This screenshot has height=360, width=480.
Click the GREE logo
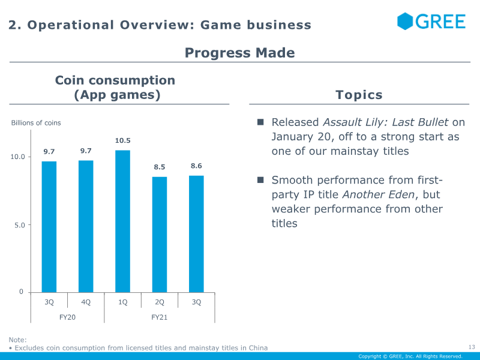point(431,22)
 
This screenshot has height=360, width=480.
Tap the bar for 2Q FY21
point(160,234)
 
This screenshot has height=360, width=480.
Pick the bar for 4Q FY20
point(86,226)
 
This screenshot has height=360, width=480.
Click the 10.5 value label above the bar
point(122,141)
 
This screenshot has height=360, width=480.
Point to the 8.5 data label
point(160,167)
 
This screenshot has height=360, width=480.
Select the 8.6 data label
point(196,166)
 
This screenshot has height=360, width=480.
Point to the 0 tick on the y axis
point(21,292)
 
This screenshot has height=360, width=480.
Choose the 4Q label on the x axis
point(86,302)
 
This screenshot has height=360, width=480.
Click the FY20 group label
point(67,317)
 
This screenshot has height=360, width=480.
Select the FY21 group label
point(159,317)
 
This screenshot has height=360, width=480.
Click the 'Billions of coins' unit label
point(36,123)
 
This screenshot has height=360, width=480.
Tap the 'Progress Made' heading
point(239,53)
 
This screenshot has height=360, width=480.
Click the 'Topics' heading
point(359,95)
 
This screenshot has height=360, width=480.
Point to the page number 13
point(471,347)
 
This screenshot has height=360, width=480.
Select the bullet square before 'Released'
point(261,122)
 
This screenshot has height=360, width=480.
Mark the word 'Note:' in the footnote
point(17,340)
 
